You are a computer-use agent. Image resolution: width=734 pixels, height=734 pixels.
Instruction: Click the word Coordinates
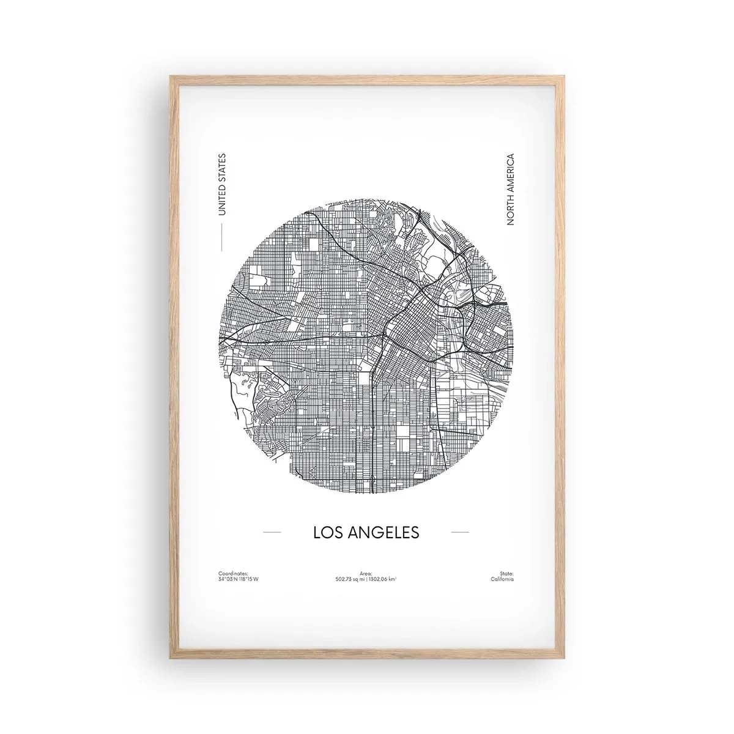click(233, 573)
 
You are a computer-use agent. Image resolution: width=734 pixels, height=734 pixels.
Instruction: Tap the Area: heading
click(366, 573)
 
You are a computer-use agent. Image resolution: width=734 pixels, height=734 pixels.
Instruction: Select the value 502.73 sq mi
click(349, 579)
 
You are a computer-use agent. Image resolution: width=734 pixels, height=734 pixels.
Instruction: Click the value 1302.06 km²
click(382, 579)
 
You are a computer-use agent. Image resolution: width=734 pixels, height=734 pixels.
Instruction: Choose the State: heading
click(506, 573)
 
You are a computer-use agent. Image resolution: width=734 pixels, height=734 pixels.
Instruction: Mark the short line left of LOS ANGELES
click(272, 533)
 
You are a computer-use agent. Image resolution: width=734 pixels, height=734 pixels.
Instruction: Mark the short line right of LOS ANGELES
click(459, 533)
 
